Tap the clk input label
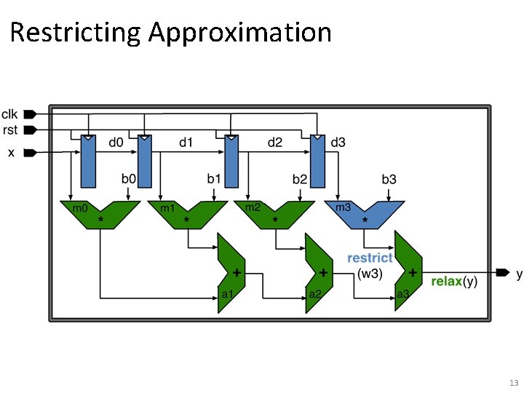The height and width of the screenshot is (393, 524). [10, 114]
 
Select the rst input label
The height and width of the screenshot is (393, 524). [10, 130]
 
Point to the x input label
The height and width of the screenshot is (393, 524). [11, 153]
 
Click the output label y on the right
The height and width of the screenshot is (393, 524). [519, 274]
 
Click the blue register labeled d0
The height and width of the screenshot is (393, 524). [88, 161]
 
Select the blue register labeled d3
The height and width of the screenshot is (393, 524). [317, 161]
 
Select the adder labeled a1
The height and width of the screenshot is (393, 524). [231, 273]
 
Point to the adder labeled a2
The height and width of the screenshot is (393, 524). [319, 273]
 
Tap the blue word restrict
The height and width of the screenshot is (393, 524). [370, 258]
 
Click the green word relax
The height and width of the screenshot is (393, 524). [446, 281]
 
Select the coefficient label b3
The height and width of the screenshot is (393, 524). [389, 178]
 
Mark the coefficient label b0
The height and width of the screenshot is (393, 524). [129, 178]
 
